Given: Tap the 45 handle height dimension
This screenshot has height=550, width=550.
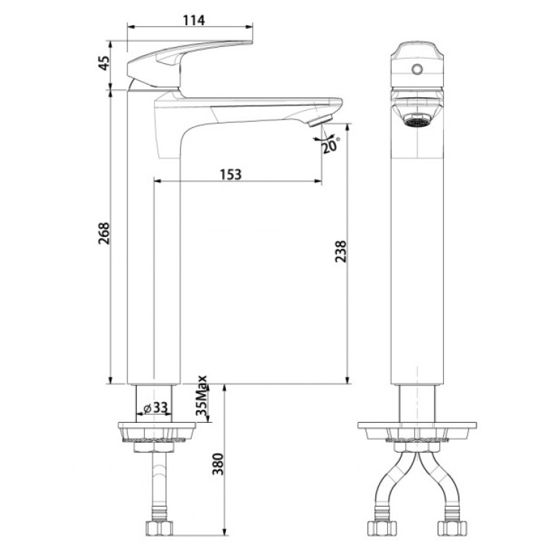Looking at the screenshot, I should tap(104, 65).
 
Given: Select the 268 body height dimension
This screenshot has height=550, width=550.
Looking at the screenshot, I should tap(104, 234).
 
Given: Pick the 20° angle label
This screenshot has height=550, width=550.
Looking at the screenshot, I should tap(330, 146).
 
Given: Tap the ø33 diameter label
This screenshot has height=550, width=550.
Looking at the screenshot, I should tap(155, 407).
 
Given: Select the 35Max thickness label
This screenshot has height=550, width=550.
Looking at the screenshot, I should tap(201, 400).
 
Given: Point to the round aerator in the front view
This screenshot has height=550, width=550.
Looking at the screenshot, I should tap(417, 118).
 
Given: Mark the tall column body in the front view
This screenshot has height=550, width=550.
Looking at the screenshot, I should tap(417, 260).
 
